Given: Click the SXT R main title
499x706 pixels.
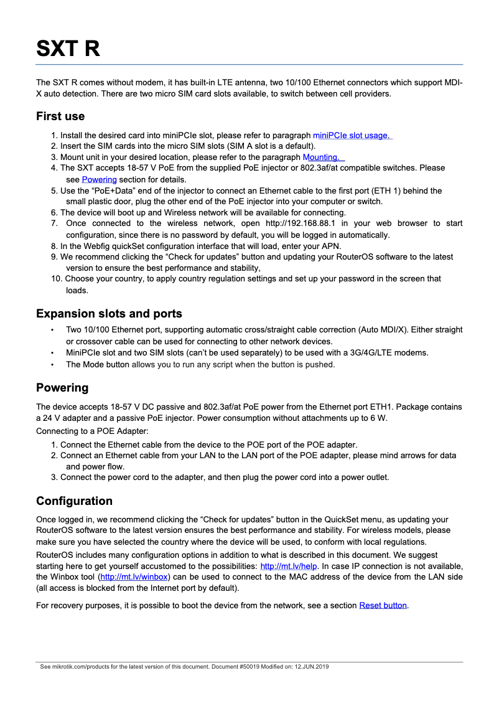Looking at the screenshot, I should coord(68,48).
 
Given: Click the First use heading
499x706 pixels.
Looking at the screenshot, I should coord(60,116).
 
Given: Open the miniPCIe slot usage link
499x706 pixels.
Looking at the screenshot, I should coord(352,135).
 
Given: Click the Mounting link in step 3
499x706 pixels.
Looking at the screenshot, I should coord(322,158).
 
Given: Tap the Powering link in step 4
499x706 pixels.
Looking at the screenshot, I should coord(99,179).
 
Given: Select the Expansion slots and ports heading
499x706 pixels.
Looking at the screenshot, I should coord(109,313).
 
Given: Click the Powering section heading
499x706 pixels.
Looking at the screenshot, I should coord(62,388).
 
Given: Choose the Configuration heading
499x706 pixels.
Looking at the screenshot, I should coord(74,501).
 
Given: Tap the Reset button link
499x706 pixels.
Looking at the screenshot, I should coord(383,605).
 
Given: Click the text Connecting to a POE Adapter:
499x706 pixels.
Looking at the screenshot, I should coord(92,431).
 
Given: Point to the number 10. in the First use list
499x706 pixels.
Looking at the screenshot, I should coord(57,278).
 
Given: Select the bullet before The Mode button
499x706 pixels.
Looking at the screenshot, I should coord(53,364).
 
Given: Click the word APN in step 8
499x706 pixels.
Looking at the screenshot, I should coord(331,246).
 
